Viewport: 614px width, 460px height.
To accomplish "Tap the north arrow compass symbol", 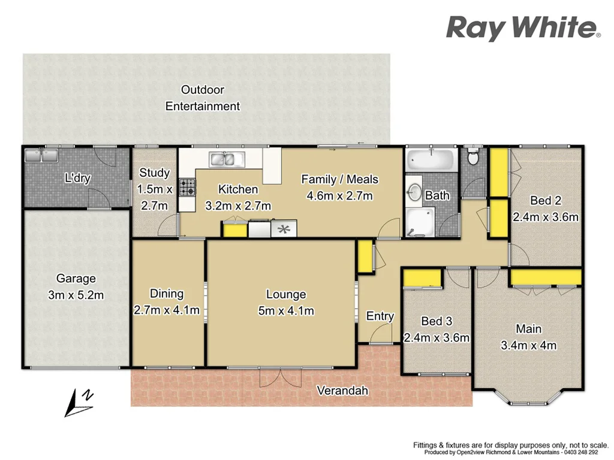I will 80,402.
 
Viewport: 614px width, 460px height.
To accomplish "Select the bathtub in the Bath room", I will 431,161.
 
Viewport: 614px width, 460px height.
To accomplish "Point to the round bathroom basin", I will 414,191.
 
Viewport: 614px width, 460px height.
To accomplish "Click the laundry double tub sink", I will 40,156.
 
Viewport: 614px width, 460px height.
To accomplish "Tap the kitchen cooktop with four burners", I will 186,187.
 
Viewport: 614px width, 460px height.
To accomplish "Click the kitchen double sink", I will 227,159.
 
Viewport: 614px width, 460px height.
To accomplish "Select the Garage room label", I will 76,279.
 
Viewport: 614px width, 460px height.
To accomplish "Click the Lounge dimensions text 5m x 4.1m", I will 286,311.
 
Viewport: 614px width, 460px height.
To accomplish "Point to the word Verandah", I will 342,391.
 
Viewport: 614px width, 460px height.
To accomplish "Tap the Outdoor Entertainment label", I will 203,98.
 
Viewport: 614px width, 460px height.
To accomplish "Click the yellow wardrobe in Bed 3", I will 421,278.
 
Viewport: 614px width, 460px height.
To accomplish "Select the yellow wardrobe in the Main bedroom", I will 546,277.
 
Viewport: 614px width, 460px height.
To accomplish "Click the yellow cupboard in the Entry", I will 364,256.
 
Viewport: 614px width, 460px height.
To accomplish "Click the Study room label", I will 155,173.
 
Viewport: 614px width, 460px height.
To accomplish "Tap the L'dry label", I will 77,178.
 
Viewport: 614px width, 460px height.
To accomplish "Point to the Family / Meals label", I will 339,179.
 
